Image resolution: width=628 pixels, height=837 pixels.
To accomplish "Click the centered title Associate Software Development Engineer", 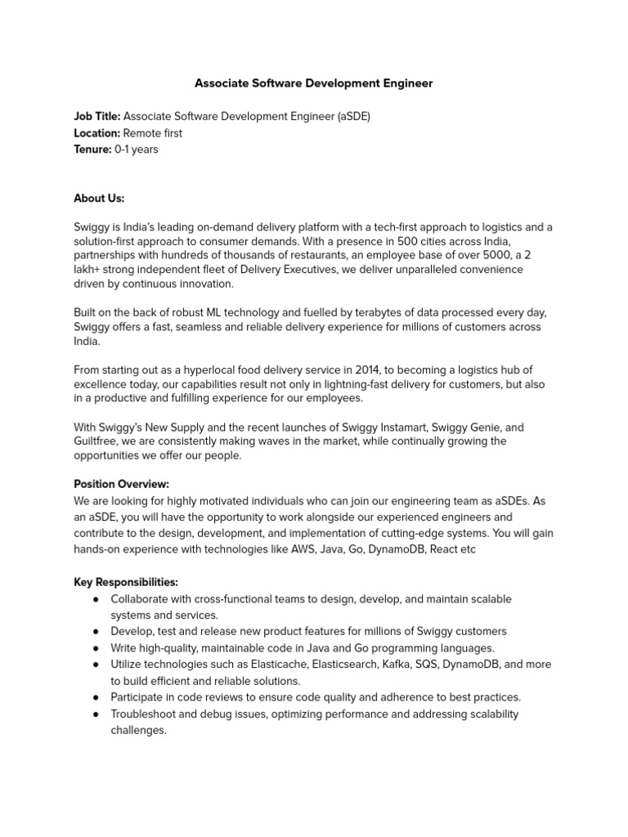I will pyautogui.click(x=313, y=83).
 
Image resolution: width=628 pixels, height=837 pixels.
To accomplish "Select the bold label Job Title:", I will pyautogui.click(x=97, y=117).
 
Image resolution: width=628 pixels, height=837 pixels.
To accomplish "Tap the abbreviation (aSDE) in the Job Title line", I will pyautogui.click(x=353, y=117).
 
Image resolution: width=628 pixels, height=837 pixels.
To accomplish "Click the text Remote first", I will pyautogui.click(x=153, y=133).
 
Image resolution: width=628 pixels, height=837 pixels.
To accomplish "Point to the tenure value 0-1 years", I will pyautogui.click(x=137, y=150).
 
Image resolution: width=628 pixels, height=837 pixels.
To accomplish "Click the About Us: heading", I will pyautogui.click(x=99, y=199).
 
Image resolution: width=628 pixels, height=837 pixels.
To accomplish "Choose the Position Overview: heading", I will pyautogui.click(x=121, y=484).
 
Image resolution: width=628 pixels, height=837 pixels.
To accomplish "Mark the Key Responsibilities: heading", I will pyautogui.click(x=126, y=583).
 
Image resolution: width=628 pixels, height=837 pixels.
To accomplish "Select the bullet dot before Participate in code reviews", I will pyautogui.click(x=96, y=697).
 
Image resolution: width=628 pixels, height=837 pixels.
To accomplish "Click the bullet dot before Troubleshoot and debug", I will pyautogui.click(x=96, y=714).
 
